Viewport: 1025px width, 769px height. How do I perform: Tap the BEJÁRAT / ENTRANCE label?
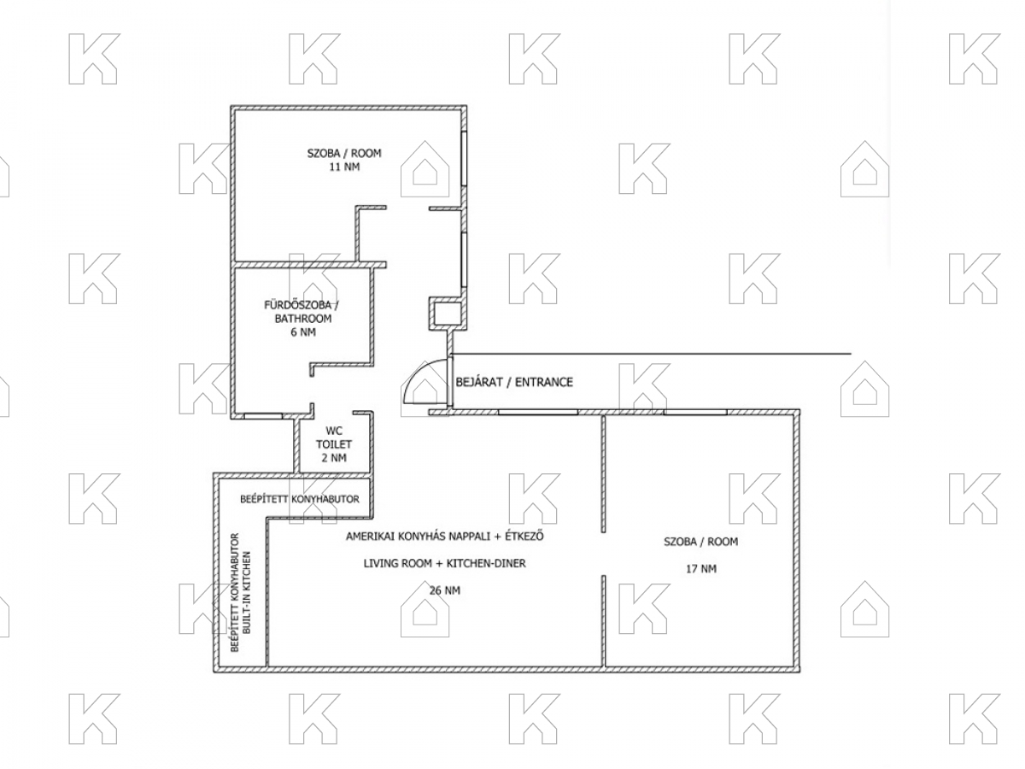tap(513, 382)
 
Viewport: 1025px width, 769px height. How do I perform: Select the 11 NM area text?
tap(344, 167)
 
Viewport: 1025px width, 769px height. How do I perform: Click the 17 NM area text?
tap(700, 569)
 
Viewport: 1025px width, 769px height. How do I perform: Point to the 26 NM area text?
tap(444, 590)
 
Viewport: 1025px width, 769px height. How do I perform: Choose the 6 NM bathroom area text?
tap(303, 332)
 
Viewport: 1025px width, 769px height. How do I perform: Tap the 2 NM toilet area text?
tap(334, 458)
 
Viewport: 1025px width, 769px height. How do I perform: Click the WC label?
tap(334, 431)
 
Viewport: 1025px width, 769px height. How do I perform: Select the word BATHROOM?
tap(303, 319)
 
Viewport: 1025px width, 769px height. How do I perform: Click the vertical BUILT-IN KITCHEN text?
tap(247, 592)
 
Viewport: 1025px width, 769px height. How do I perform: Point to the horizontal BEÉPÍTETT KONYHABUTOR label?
tap(300, 499)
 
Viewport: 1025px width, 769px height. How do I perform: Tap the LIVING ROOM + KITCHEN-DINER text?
tap(444, 563)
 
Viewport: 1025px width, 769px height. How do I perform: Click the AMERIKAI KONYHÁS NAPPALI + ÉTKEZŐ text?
tap(444, 536)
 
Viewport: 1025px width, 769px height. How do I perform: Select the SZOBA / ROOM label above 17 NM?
tap(700, 542)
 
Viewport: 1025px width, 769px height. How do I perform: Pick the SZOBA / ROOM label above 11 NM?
tap(344, 153)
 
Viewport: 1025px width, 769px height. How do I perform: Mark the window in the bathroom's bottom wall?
tap(263, 415)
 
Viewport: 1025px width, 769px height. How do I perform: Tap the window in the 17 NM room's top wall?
tap(694, 413)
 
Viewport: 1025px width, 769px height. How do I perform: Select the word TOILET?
tap(334, 444)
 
